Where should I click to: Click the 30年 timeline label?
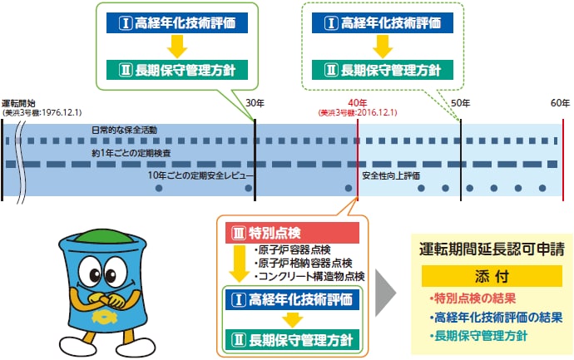tap(255, 102)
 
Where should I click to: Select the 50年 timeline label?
tap(460, 102)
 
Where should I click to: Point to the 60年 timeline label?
tap(560, 102)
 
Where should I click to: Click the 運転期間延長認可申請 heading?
tap(492, 249)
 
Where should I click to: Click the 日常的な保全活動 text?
tap(125, 131)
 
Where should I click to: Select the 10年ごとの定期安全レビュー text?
tap(196, 176)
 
